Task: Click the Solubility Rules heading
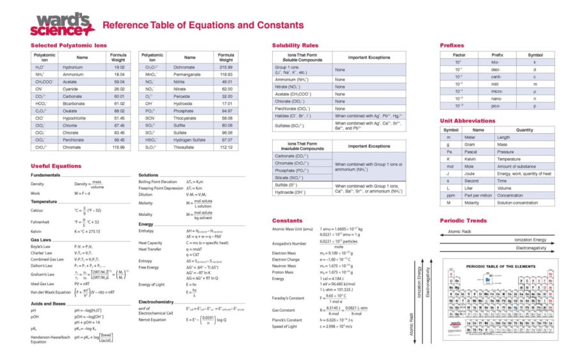(x=295, y=45)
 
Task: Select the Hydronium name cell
(x=72, y=67)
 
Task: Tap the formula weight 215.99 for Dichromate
(x=226, y=67)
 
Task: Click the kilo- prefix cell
(x=496, y=62)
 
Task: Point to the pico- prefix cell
(x=496, y=106)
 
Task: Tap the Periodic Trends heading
(x=464, y=220)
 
